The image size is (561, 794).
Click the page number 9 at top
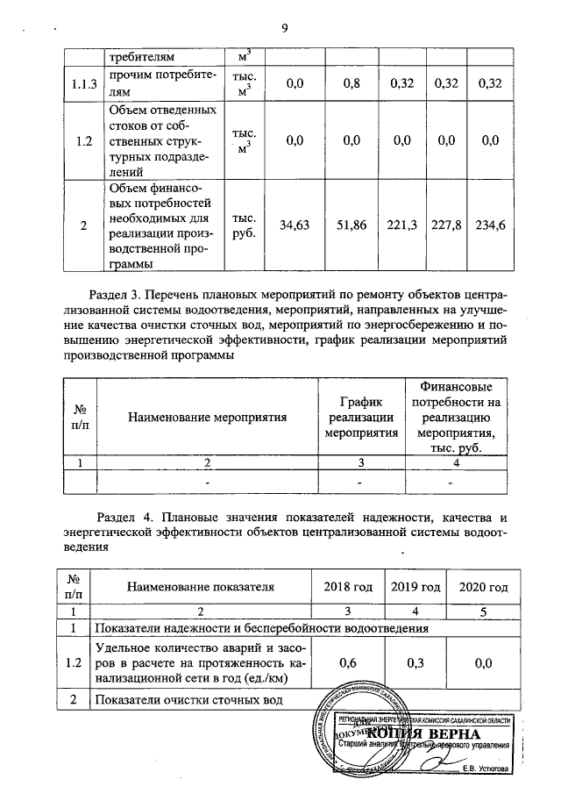tap(284, 27)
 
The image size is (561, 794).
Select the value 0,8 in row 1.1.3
tap(353, 83)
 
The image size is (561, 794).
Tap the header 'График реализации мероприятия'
tap(361, 416)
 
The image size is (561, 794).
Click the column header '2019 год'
tap(414, 587)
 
